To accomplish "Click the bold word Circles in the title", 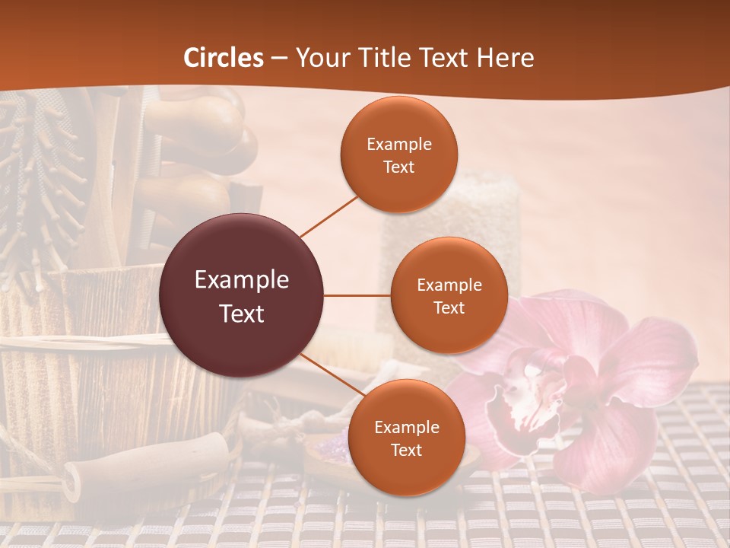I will pos(224,57).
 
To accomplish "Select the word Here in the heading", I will pos(505,57).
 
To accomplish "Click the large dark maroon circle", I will pos(242,295).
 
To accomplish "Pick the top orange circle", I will pos(399,155).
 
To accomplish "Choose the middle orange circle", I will pos(449,295).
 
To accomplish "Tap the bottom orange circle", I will pos(406,438).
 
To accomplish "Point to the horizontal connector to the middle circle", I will pos(357,295).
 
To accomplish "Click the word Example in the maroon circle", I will pos(242,279).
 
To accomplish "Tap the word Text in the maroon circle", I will pos(242,313).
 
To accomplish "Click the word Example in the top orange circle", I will pos(399,144).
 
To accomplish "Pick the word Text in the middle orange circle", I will pos(449,307).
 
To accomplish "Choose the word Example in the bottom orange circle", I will pos(406,427).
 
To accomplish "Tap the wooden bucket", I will pos(84,358).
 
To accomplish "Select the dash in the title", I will pos(279,58).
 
